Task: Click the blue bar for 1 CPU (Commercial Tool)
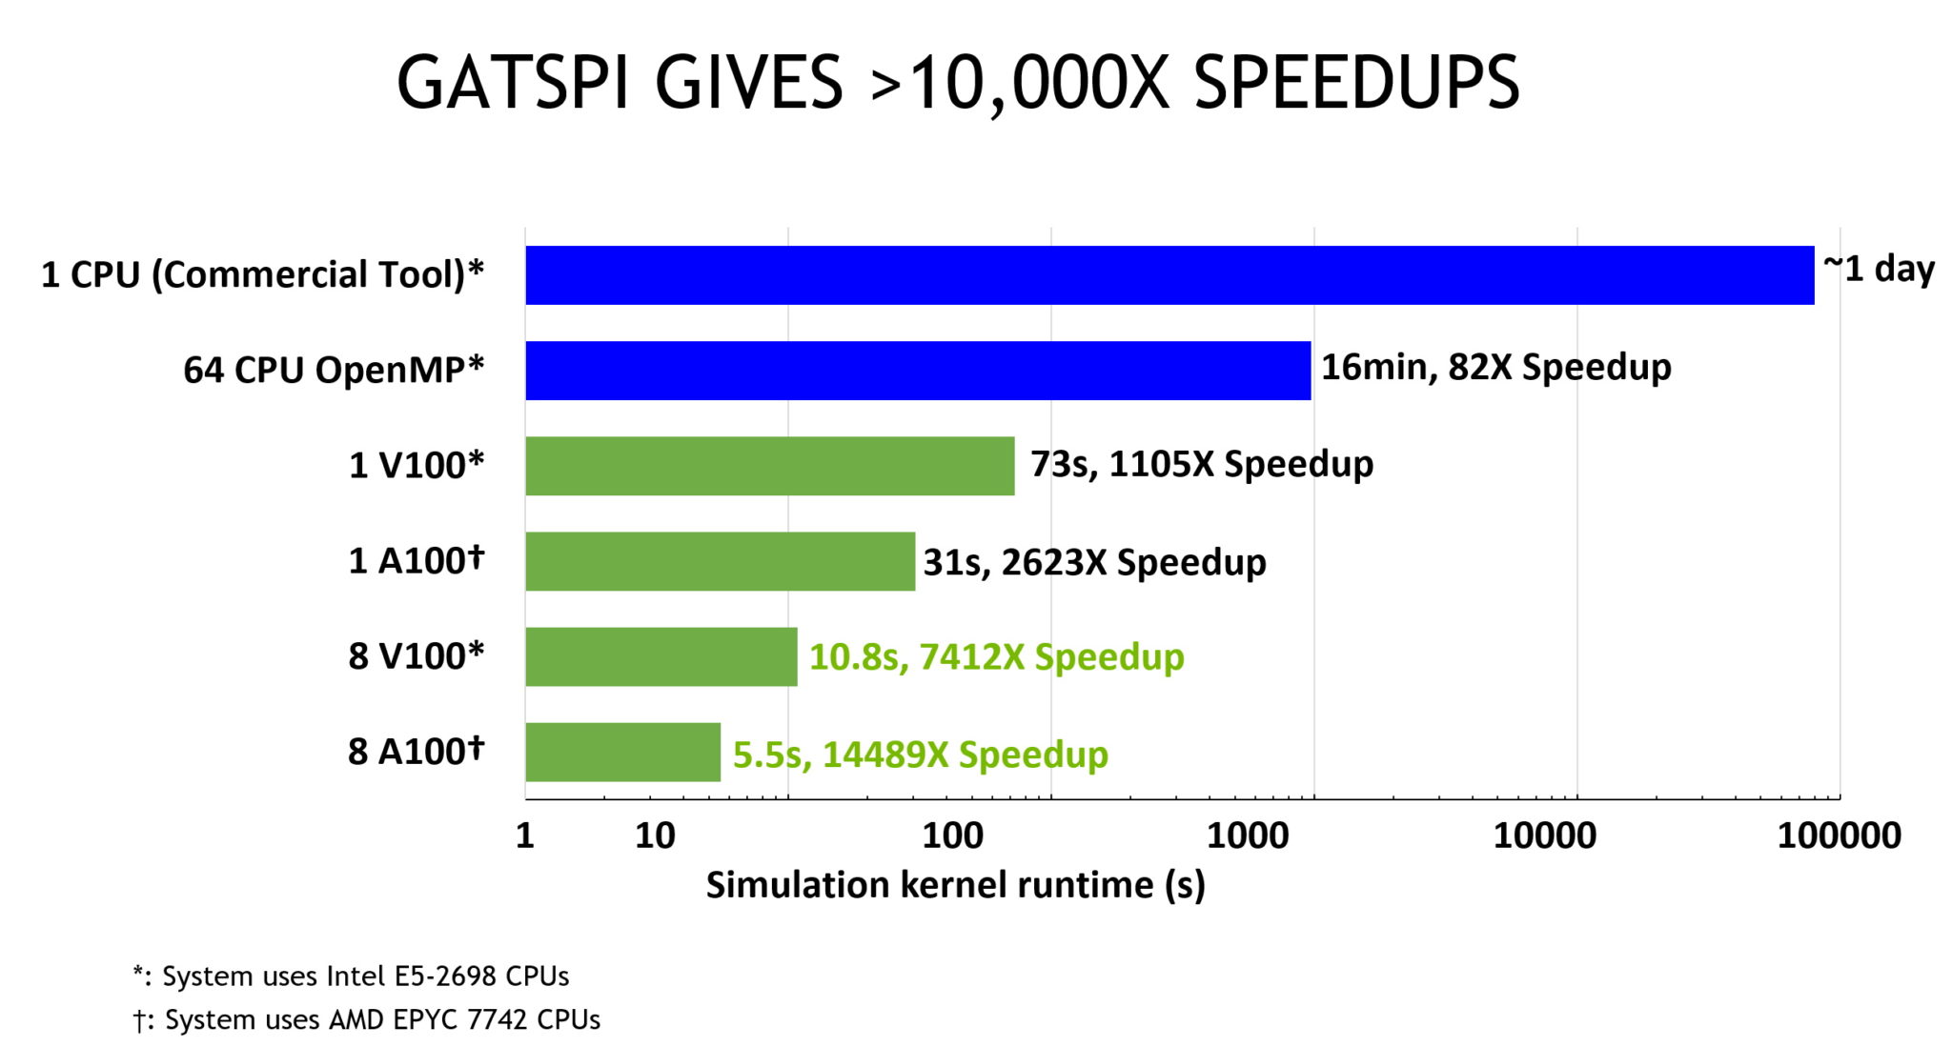pyautogui.click(x=1169, y=275)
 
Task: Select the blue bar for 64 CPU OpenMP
pyautogui.click(x=918, y=371)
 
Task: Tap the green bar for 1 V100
pyautogui.click(x=769, y=466)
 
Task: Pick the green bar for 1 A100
pyautogui.click(x=720, y=561)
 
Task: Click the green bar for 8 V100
pyautogui.click(x=661, y=656)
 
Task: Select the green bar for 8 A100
pyautogui.click(x=622, y=752)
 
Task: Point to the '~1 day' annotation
pyautogui.click(x=1879, y=269)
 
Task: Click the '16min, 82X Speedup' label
pyautogui.click(x=1495, y=367)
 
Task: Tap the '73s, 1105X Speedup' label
pyautogui.click(x=1202, y=464)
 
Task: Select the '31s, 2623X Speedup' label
pyautogui.click(x=1094, y=562)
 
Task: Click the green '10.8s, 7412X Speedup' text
pyautogui.click(x=996, y=657)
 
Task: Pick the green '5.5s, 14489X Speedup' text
pyautogui.click(x=920, y=755)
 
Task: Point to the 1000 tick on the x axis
pyautogui.click(x=1248, y=836)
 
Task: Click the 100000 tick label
pyautogui.click(x=1839, y=836)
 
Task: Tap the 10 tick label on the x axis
pyautogui.click(x=655, y=836)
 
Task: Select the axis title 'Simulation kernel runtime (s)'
pyautogui.click(x=955, y=885)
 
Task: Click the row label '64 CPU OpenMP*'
pyautogui.click(x=334, y=370)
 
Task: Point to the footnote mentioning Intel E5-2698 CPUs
pyautogui.click(x=351, y=977)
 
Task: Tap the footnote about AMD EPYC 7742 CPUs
pyautogui.click(x=367, y=1019)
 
